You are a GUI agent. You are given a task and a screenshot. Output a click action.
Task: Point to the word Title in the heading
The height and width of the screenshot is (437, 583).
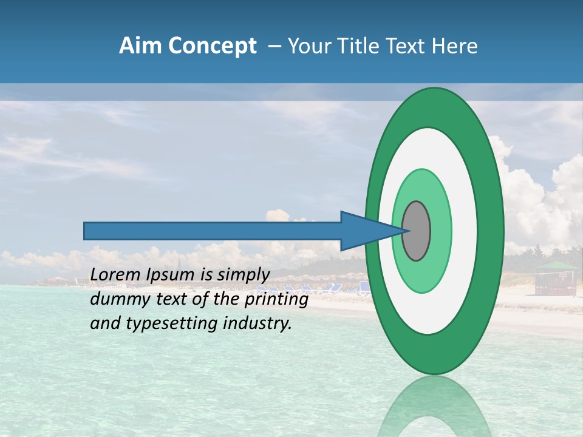click(x=361, y=46)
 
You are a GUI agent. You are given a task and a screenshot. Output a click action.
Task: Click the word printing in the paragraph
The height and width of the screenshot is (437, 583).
click(x=281, y=299)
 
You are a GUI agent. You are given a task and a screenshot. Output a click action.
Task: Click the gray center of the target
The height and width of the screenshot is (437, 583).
click(x=417, y=231)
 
